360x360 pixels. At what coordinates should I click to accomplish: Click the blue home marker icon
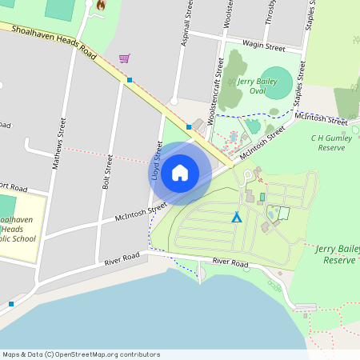point(180,173)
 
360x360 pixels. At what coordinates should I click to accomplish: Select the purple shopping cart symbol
point(124,58)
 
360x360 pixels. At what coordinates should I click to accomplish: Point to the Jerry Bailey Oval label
point(257,86)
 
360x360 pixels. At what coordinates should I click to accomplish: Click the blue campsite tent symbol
point(236,217)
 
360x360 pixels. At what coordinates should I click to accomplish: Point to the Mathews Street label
point(57,144)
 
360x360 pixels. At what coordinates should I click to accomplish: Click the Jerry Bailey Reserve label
point(338,254)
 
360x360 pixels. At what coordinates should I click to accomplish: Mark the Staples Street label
point(299,82)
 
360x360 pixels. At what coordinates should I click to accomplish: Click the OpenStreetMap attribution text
point(81,354)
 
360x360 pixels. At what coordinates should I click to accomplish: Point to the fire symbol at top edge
point(100,5)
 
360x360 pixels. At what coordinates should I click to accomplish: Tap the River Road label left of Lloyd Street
point(122,258)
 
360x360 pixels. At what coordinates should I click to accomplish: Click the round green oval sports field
point(276,83)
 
